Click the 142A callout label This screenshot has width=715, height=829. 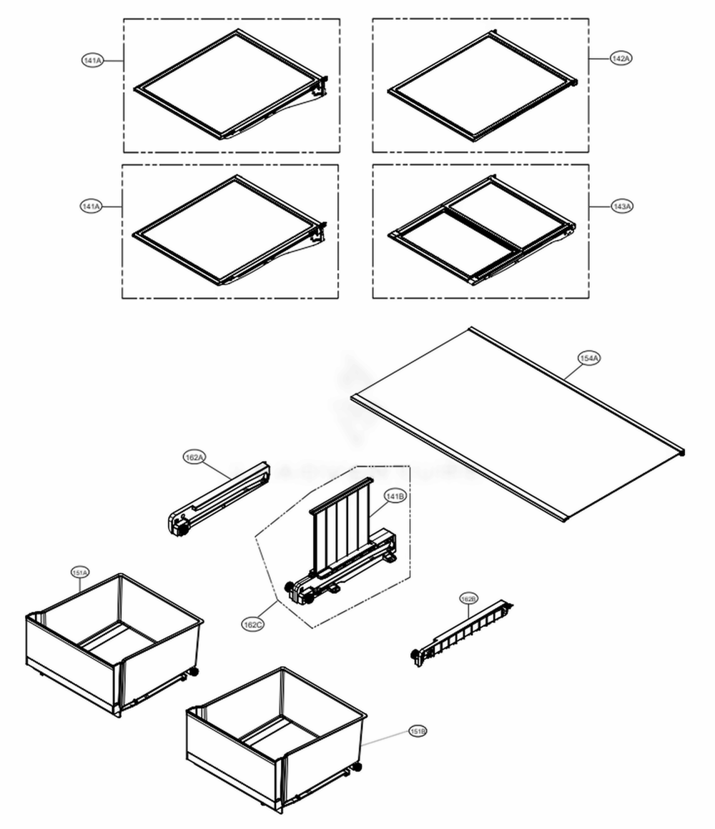click(x=621, y=58)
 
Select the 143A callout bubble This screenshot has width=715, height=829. click(x=622, y=207)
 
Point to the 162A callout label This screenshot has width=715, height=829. click(x=194, y=458)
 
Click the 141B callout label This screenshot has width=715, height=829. click(x=395, y=495)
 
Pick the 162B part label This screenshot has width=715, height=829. click(x=468, y=597)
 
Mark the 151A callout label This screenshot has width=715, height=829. click(x=80, y=572)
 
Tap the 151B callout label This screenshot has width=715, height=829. click(x=418, y=731)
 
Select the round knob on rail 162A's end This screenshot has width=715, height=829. click(x=181, y=531)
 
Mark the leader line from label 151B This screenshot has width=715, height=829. click(x=386, y=738)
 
